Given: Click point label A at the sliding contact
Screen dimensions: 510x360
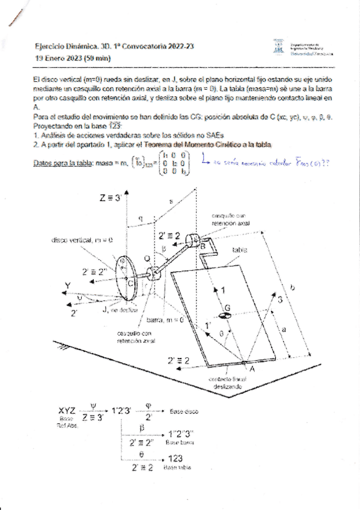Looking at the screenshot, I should pyautogui.click(x=252, y=370).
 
